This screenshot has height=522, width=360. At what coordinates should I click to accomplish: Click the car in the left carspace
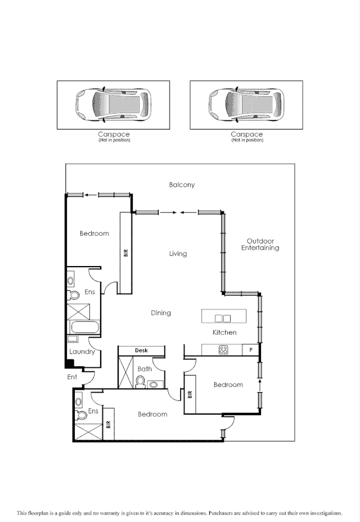[x=114, y=104]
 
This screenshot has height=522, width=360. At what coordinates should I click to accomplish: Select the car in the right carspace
[x=246, y=104]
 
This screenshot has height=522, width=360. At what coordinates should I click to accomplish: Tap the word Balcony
[x=182, y=184]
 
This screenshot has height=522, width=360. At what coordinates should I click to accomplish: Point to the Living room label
[x=178, y=254]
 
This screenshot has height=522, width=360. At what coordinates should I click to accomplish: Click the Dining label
[x=161, y=313]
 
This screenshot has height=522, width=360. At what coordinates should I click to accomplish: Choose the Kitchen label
[x=224, y=332]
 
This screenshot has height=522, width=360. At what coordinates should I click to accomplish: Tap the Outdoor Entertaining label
[x=260, y=244]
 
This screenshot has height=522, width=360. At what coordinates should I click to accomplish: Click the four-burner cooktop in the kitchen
[x=223, y=350]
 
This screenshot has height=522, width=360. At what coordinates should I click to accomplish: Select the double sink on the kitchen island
[x=223, y=318]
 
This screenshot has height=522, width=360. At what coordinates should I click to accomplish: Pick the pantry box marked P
[x=250, y=350]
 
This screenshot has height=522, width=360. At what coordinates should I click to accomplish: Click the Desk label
[x=141, y=350]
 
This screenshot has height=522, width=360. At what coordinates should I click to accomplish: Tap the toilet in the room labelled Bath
[x=141, y=381]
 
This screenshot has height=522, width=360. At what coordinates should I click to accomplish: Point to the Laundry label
[x=81, y=352]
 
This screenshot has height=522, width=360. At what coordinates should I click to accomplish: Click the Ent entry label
[x=72, y=377]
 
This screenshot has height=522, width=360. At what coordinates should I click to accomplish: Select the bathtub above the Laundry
[x=83, y=327]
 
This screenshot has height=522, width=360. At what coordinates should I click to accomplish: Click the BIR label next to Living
[x=125, y=253]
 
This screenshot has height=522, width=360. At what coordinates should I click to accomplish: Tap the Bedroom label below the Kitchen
[x=228, y=385]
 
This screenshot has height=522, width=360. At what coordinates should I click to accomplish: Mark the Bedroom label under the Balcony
[x=94, y=233]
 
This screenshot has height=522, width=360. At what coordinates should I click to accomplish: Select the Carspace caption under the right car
[x=246, y=134]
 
